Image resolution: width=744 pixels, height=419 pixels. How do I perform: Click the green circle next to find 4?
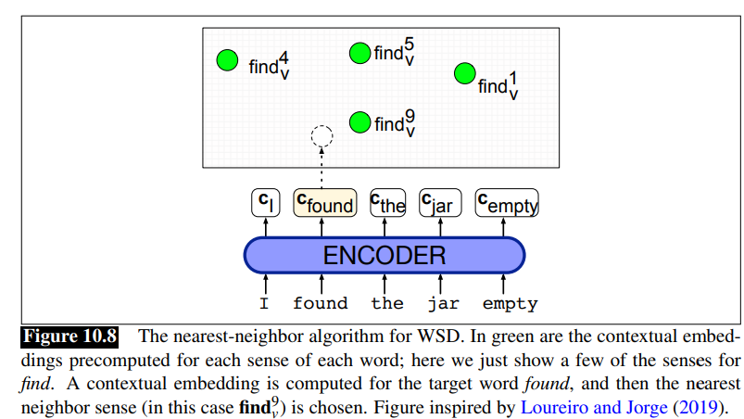228,61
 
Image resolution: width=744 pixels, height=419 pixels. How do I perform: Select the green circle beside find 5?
359,53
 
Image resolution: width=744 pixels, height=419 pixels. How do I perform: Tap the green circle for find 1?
464,73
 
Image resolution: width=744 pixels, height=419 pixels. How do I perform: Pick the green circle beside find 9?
359,121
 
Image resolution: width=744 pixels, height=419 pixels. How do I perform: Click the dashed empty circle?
322,137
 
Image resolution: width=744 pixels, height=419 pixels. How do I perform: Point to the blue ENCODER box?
384,255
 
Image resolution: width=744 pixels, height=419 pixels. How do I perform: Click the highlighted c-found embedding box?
324,203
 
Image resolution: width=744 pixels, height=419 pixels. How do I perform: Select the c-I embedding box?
265,203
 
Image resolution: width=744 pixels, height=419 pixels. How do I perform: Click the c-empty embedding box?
507,203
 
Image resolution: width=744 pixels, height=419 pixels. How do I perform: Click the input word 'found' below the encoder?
321,303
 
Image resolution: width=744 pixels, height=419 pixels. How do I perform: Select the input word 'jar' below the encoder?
442,303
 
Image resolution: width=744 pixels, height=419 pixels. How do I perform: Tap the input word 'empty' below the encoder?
510,303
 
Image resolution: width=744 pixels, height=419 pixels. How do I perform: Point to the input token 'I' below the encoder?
265,303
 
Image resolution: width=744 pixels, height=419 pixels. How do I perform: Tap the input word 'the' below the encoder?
387,303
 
